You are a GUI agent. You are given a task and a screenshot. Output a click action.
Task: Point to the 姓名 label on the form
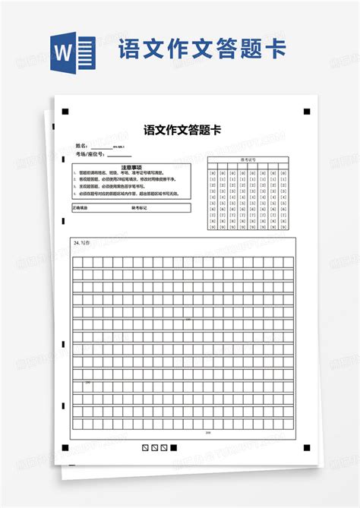tap(81, 145)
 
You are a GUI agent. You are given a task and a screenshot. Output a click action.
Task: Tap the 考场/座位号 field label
tap(90, 154)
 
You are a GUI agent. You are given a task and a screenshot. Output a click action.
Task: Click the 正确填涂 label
tap(81, 207)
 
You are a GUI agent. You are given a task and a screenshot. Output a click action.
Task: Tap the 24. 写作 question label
tap(81, 242)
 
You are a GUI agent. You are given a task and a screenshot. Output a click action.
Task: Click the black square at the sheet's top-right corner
tap(306, 112)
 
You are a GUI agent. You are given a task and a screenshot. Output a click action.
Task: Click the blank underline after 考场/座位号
tap(118, 155)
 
